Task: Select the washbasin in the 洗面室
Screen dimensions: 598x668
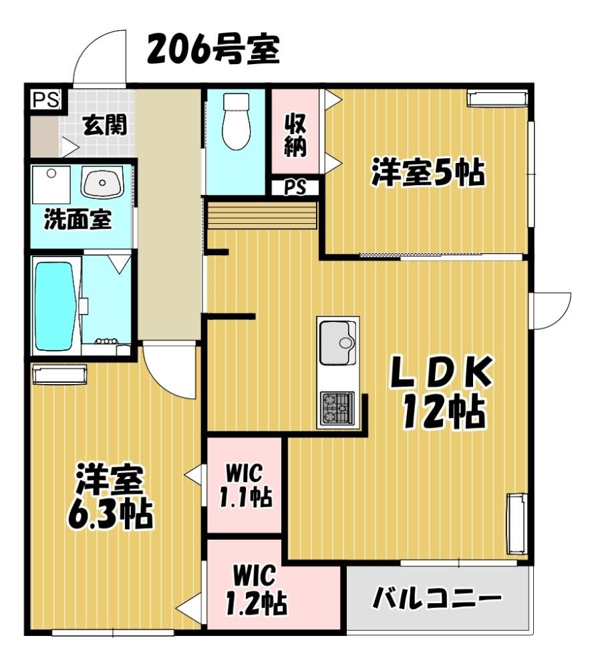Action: [102, 183]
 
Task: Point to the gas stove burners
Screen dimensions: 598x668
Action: [338, 407]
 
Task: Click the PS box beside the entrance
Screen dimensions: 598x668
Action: [46, 100]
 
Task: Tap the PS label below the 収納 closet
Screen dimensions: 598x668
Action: [295, 188]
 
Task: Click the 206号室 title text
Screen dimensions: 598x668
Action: [213, 49]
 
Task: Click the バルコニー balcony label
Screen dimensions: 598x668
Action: [437, 598]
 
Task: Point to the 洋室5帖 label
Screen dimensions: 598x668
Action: [428, 172]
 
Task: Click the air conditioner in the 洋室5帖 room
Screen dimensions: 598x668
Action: [497, 98]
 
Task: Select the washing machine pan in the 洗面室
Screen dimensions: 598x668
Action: [51, 185]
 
